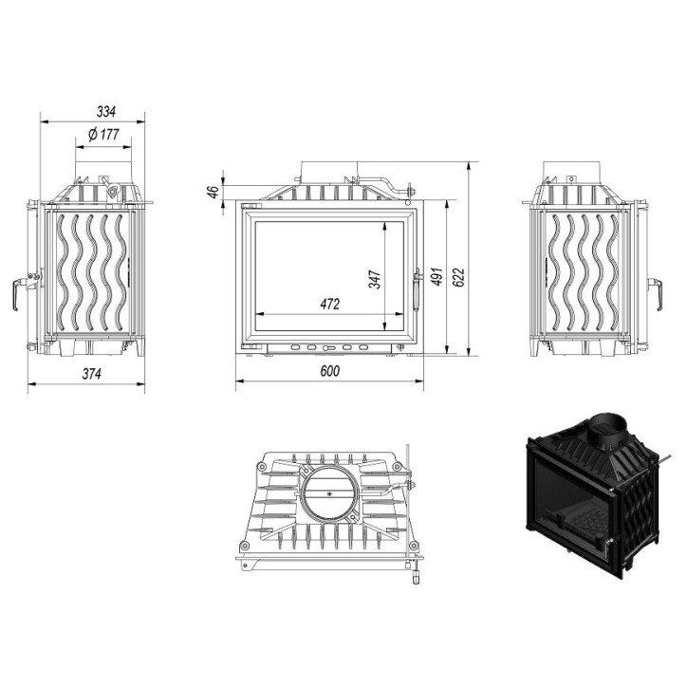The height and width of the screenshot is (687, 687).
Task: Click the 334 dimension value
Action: pos(92,110)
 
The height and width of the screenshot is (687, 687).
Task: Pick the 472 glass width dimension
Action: pos(329,305)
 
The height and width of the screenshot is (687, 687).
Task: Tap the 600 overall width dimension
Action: pos(329,371)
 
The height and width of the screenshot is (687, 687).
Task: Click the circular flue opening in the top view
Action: pos(330,492)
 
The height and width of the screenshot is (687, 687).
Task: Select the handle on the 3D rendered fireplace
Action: pos(604,543)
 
